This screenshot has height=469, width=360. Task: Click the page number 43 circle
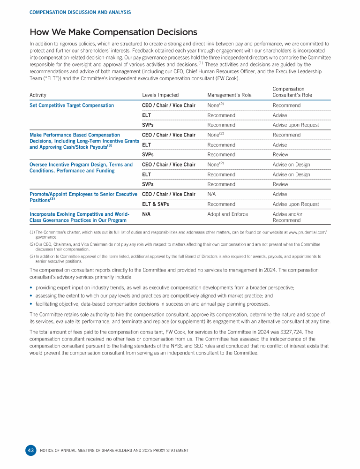point(30,450)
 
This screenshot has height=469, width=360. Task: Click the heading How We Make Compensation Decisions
point(113,32)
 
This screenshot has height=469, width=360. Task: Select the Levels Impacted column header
point(160,95)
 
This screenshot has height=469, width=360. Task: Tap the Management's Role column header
point(229,95)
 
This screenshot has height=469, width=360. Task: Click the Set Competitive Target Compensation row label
point(71,106)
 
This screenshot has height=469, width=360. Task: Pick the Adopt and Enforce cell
point(227,214)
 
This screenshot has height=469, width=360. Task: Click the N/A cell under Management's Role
point(211,194)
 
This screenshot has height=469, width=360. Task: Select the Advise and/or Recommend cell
point(287,217)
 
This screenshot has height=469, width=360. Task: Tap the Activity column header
point(38,95)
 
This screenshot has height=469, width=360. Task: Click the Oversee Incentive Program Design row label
point(81,167)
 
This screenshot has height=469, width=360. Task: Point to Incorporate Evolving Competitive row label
point(78,217)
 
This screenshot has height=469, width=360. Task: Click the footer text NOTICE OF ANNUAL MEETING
point(115,450)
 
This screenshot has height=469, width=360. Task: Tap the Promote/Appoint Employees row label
point(82,197)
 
